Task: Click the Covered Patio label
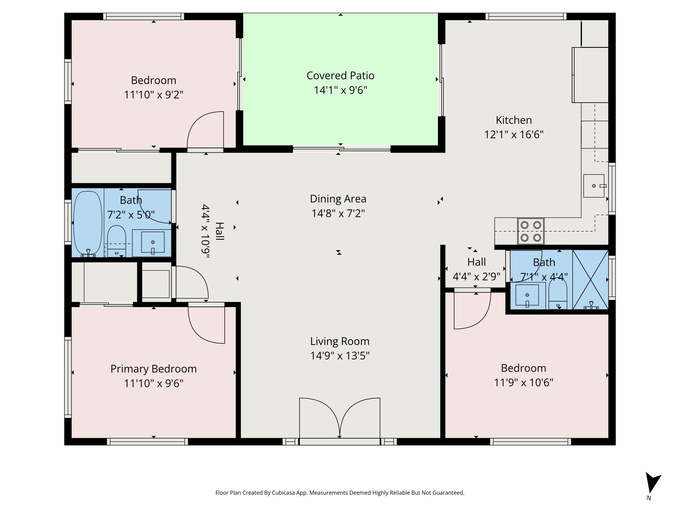pyautogui.click(x=340, y=76)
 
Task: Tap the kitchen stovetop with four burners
pyautogui.click(x=531, y=231)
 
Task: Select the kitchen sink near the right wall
pyautogui.click(x=594, y=186)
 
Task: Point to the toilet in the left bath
pyautogui.click(x=117, y=240)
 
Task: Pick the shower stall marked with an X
pyautogui.click(x=590, y=279)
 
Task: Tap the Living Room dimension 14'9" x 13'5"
pyautogui.click(x=340, y=356)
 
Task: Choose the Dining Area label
pyautogui.click(x=338, y=199)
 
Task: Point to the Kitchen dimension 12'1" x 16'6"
pyautogui.click(x=514, y=135)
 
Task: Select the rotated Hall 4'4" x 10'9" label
pyautogui.click(x=212, y=231)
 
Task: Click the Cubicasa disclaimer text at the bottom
pyautogui.click(x=340, y=493)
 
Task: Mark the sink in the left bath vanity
pyautogui.click(x=153, y=243)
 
